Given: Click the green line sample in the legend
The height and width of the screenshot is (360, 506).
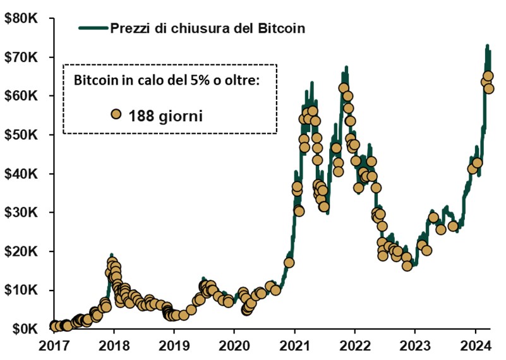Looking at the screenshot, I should coord(92,28).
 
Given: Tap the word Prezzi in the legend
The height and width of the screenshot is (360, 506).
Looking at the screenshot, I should coord(129,28).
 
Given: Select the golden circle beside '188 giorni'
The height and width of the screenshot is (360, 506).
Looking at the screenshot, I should coord(116,114).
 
